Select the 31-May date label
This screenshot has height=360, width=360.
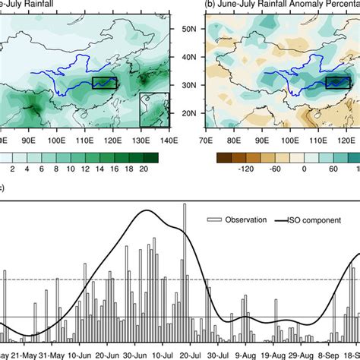[60, 354]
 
